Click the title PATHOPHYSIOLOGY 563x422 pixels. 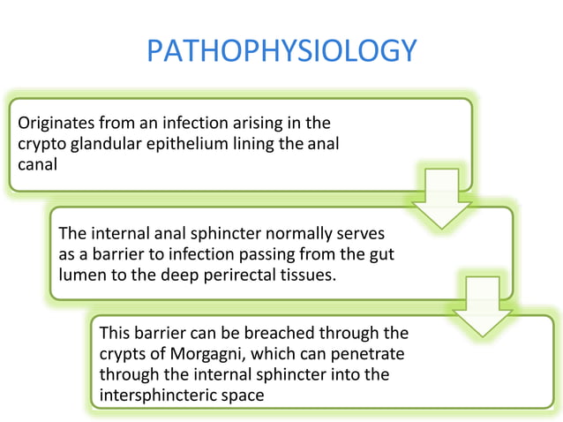coord(281,51)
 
